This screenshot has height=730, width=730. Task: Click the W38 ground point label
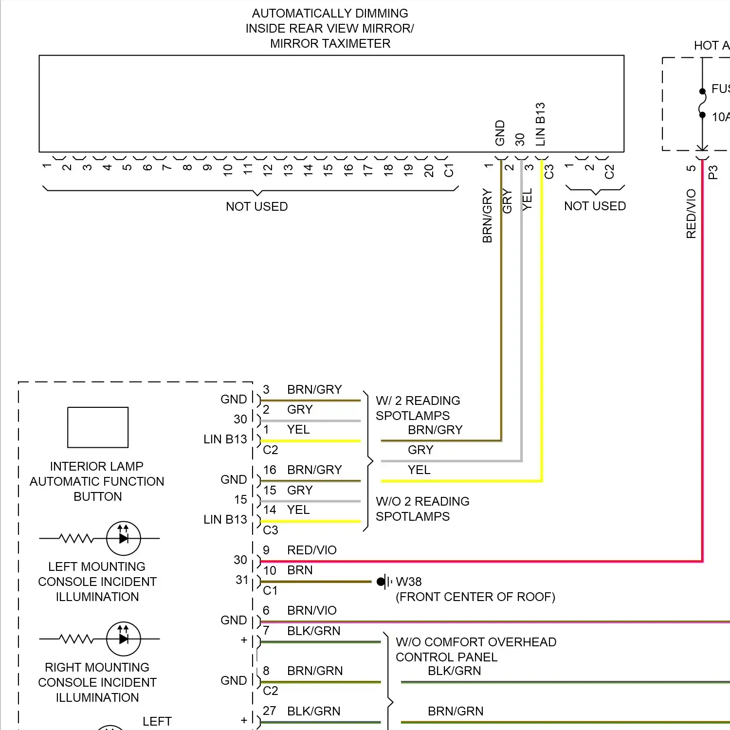(409, 582)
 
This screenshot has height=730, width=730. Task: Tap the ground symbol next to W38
(384, 582)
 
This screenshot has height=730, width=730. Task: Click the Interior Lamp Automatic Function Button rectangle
(98, 427)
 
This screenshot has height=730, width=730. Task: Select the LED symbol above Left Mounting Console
(124, 538)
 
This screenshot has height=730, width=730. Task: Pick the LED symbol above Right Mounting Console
(124, 639)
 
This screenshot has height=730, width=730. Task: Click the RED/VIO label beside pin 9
(312, 550)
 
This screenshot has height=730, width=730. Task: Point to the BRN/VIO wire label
(312, 610)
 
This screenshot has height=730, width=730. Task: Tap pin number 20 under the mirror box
(429, 170)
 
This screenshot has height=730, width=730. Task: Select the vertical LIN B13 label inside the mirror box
(540, 124)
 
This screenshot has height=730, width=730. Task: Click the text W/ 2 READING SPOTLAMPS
(418, 408)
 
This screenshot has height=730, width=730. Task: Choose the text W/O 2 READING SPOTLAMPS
(422, 509)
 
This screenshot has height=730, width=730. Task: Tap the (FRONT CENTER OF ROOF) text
(475, 597)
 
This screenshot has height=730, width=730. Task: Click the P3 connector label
(713, 172)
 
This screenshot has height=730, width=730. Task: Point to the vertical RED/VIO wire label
(691, 214)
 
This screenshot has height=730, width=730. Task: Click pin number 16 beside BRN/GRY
(270, 470)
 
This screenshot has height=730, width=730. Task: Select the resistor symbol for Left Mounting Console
(76, 538)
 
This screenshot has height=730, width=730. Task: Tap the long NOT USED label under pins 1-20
(257, 206)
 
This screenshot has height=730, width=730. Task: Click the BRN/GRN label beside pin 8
(315, 671)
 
